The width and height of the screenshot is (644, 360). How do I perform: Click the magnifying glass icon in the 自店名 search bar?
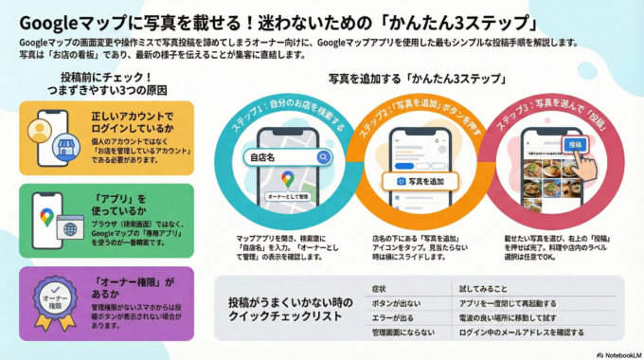coord(325,157)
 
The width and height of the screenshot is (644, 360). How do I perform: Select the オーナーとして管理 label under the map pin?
coord(288,197)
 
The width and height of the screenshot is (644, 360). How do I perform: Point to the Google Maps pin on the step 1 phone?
coord(288,178)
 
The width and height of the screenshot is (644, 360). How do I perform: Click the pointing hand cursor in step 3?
coord(589,162)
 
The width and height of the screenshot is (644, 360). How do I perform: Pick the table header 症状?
coord(379,286)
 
